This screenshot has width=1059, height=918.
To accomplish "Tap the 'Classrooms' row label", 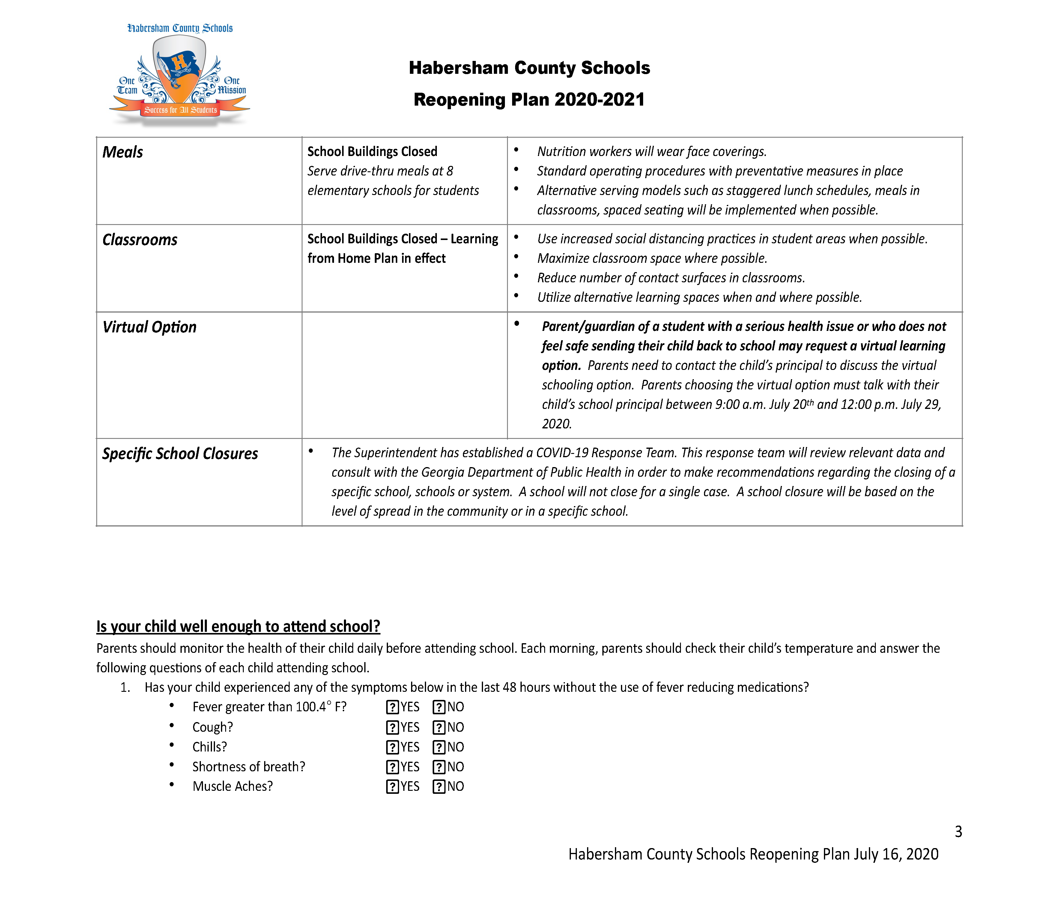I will tap(140, 240).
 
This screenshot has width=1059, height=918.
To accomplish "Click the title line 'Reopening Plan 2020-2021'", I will tap(529, 99).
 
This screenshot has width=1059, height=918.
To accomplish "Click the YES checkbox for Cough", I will tap(392, 727).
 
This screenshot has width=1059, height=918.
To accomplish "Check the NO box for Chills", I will tap(439, 747).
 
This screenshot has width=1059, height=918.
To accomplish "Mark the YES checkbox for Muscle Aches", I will tap(392, 787).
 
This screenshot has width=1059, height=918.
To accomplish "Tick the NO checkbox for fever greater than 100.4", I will tap(439, 707).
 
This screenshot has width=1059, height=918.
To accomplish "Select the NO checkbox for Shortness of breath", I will tap(439, 767).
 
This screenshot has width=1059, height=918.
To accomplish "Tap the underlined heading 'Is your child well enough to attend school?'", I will tap(238, 626).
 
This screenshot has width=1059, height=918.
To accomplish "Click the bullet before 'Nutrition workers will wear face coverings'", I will tap(516, 150).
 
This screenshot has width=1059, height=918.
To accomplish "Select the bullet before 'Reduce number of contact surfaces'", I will tap(516, 277).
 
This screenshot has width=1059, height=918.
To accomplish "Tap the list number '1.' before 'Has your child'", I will tap(125, 688).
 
